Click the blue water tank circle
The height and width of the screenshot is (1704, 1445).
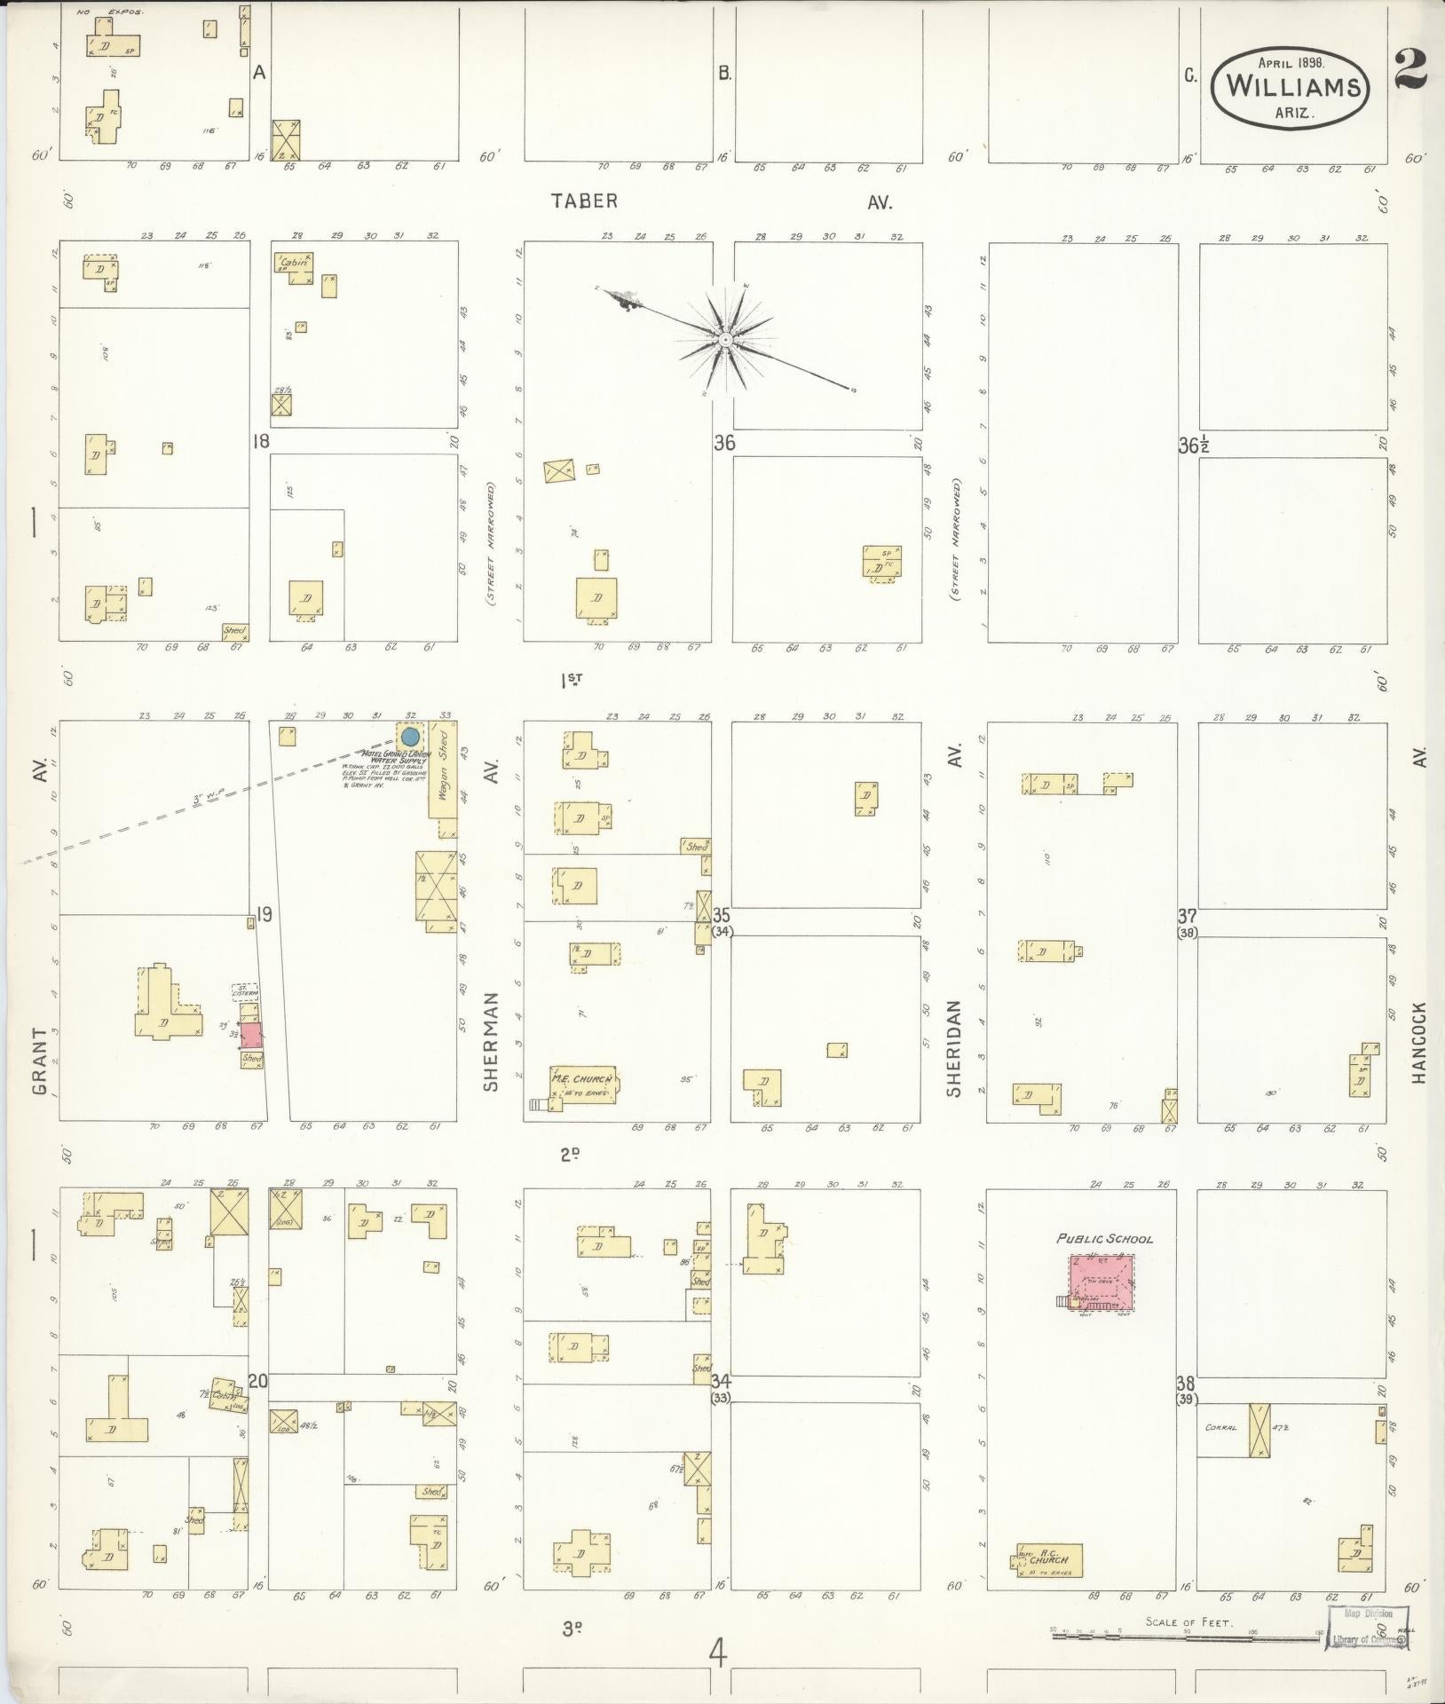[410, 737]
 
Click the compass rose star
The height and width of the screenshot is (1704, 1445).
[725, 340]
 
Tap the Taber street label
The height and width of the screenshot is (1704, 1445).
[583, 201]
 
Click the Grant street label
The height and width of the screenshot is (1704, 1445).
[38, 1061]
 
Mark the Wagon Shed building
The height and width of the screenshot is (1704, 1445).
[443, 770]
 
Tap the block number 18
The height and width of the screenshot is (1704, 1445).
[258, 441]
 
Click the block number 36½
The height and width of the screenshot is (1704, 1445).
[1192, 446]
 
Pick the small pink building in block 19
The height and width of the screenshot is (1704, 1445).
[252, 1036]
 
